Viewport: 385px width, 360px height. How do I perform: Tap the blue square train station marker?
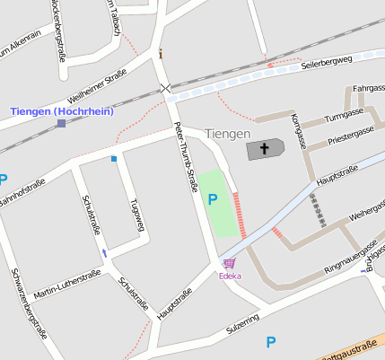(x=61, y=123)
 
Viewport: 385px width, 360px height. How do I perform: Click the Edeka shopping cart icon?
(x=230, y=264)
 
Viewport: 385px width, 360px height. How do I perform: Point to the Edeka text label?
(x=230, y=276)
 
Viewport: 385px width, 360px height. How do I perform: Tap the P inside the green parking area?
(x=213, y=199)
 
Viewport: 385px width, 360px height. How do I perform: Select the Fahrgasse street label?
(x=368, y=89)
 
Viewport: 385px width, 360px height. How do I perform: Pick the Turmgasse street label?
(x=344, y=114)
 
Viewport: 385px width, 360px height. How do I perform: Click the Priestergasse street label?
(x=351, y=133)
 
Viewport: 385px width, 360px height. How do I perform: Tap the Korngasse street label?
(x=299, y=130)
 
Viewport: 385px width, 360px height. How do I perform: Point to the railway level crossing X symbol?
(x=164, y=87)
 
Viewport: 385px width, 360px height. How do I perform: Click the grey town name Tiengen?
(x=228, y=134)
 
